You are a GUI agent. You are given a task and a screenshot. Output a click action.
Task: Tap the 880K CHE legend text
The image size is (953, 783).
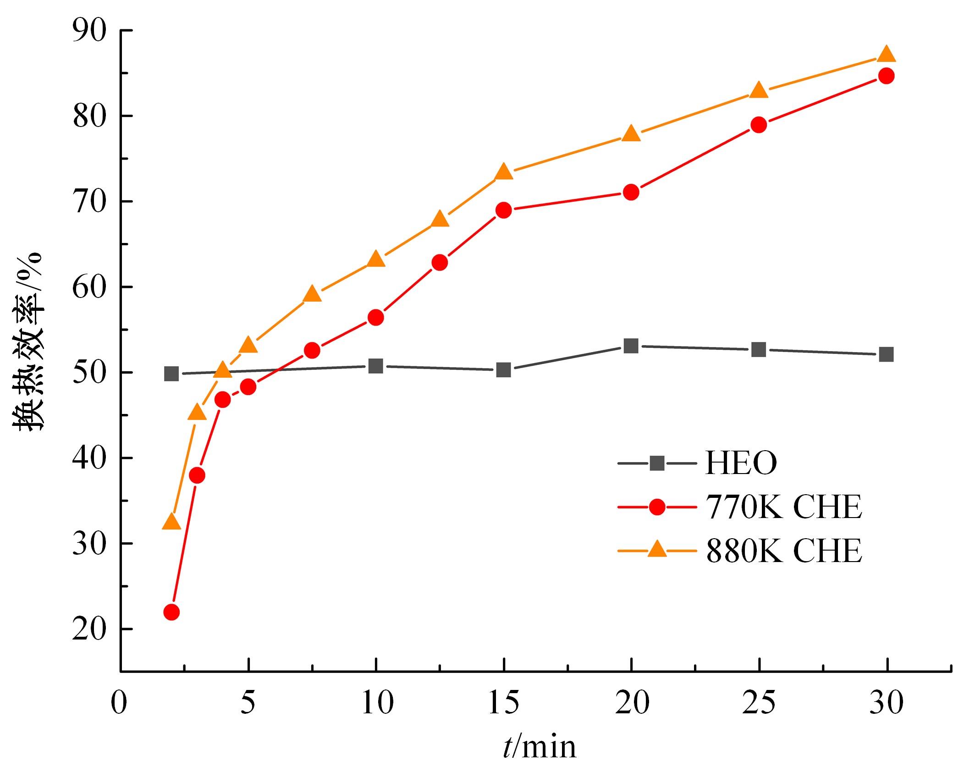pos(783,550)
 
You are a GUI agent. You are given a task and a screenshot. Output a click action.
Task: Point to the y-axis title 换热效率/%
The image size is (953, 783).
pos(28,342)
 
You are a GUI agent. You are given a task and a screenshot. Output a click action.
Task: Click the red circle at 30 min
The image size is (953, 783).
pos(887,76)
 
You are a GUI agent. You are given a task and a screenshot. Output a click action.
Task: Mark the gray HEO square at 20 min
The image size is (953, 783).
pos(631,346)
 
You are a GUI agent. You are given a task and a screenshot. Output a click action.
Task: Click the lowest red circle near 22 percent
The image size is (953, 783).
pos(171,612)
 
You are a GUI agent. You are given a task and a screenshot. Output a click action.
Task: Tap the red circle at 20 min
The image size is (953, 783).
pos(631,192)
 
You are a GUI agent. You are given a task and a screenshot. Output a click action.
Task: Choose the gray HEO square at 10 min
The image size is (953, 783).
pos(376,366)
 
